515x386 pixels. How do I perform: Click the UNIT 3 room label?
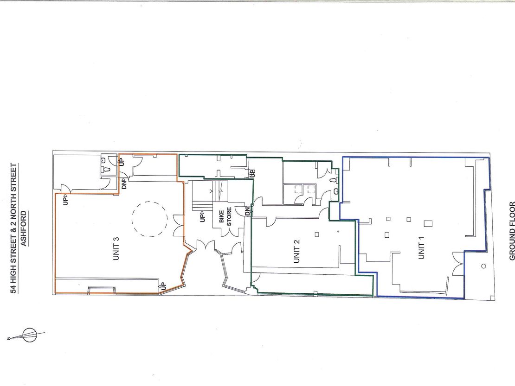tap(116, 248)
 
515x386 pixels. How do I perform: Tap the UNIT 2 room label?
tap(297, 251)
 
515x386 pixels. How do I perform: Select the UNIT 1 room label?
tap(422, 247)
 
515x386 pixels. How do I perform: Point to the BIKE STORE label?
tap(225, 216)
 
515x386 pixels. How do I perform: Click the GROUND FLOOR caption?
tap(512, 227)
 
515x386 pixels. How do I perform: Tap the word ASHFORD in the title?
tap(24, 228)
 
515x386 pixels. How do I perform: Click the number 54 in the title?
tap(13, 289)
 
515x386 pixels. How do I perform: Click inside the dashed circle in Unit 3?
tap(149, 219)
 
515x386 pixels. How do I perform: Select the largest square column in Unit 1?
tap(428, 224)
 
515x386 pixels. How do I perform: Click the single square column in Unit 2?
tap(316, 234)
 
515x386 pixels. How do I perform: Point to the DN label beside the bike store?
tap(247, 211)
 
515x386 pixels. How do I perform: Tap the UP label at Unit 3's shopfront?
tap(163, 285)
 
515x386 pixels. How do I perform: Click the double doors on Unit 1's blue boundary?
tap(458, 264)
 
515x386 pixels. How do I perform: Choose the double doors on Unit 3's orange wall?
tap(179, 225)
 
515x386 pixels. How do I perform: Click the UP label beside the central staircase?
tap(202, 217)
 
